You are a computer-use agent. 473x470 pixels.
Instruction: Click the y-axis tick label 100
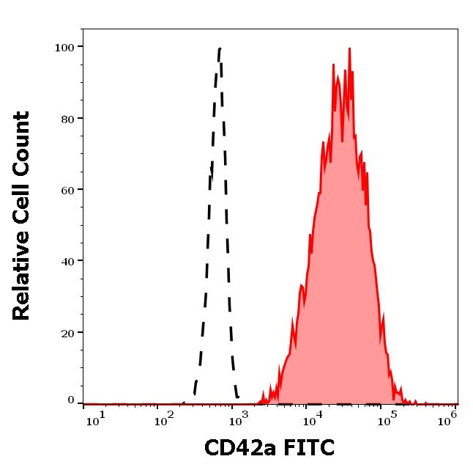[x=64, y=47]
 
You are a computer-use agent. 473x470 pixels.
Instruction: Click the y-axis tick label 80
[x=67, y=118]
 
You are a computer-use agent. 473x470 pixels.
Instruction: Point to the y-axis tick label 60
[x=67, y=189]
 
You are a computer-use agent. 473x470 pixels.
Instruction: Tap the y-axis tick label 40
[x=67, y=260]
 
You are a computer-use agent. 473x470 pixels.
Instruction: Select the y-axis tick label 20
[x=67, y=332]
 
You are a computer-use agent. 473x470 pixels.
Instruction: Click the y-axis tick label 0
[x=71, y=400]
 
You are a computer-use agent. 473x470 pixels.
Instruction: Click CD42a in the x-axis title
[x=231, y=447]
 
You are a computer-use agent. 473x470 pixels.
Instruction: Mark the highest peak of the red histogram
[x=349, y=49]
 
